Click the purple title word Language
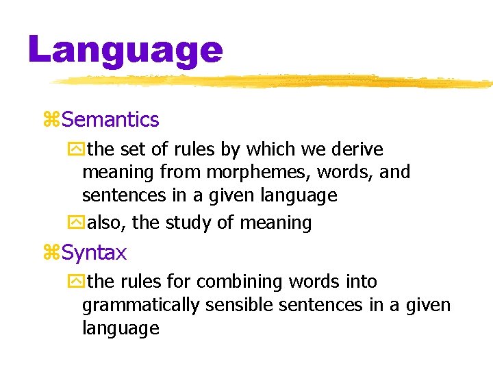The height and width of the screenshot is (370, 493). click(125, 50)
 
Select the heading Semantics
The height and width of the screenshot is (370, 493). click(110, 120)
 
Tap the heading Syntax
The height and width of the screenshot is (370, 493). click(94, 253)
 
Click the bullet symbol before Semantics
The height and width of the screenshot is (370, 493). click(51, 121)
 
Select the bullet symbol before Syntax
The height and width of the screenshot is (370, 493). click(51, 254)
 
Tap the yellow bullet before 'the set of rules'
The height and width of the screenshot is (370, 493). click(75, 149)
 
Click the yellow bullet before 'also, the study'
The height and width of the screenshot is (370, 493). click(75, 222)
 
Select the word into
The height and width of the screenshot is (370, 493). click(362, 282)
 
